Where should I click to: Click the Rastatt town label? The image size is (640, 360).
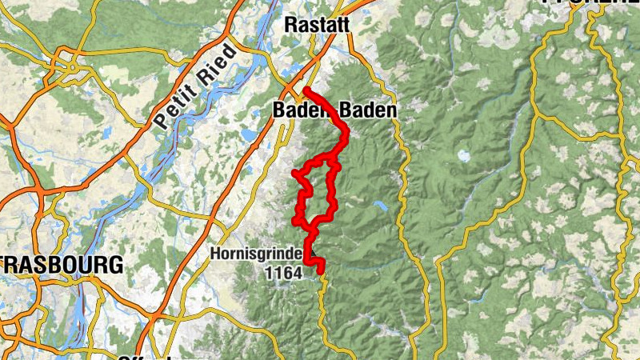tap(318, 25)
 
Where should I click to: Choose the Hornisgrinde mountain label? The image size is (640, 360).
tap(256, 254)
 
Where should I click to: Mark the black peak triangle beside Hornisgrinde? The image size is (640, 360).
tap(314, 258)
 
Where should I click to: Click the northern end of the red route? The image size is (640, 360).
tap(306, 89)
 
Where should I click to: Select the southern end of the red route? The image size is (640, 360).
tap(321, 272)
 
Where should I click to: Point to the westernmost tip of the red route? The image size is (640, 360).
tap(294, 173)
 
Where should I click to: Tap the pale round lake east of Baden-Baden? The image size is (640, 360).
tap(462, 155)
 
